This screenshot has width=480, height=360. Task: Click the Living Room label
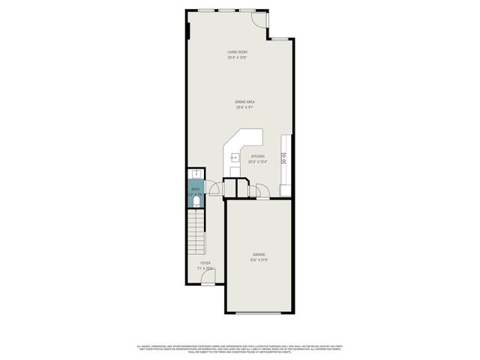click(237, 51)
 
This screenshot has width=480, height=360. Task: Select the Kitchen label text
click(257, 156)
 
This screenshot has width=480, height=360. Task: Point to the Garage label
click(258, 255)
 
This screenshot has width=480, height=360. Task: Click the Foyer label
click(205, 263)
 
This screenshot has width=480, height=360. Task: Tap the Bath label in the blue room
click(195, 189)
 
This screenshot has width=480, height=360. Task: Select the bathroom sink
click(194, 174)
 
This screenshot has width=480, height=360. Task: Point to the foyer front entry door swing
click(207, 280)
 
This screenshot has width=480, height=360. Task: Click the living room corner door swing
click(259, 18)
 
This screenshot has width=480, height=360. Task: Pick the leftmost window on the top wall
click(205, 10)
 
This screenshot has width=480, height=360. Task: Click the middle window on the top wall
click(226, 10)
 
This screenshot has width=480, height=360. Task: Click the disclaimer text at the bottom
click(239, 349)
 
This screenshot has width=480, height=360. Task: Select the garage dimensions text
click(258, 260)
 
